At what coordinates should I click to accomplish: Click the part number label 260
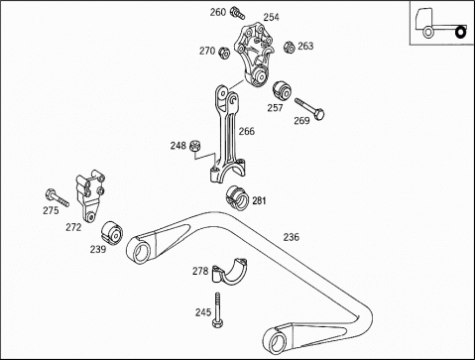pos(218,12)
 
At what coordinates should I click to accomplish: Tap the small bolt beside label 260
pos(238,13)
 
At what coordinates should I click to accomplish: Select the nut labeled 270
pos(224,53)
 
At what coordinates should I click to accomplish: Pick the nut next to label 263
pos(290,47)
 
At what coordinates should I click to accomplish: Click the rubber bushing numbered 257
pos(282,89)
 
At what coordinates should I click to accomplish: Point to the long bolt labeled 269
pos(309,109)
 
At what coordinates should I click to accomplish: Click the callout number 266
pos(247,132)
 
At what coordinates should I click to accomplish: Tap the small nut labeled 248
pos(195,146)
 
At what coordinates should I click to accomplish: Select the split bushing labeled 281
pos(237,197)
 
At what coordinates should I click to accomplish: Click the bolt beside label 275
pos(58,197)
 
